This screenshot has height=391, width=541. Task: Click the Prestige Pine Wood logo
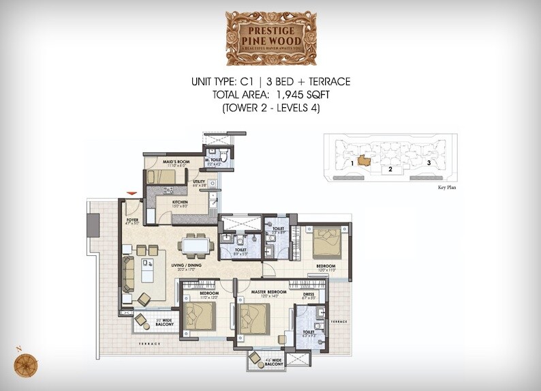[270, 38]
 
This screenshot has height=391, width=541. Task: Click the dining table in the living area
[197, 244]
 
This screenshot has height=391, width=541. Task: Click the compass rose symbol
[26, 362]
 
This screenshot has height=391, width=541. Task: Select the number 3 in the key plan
[429, 162]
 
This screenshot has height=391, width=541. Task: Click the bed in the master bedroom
[255, 317]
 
